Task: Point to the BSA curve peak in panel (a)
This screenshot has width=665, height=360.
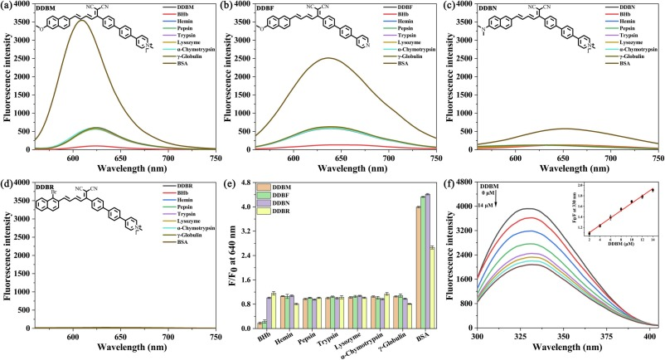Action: pyautogui.click(x=80, y=21)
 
